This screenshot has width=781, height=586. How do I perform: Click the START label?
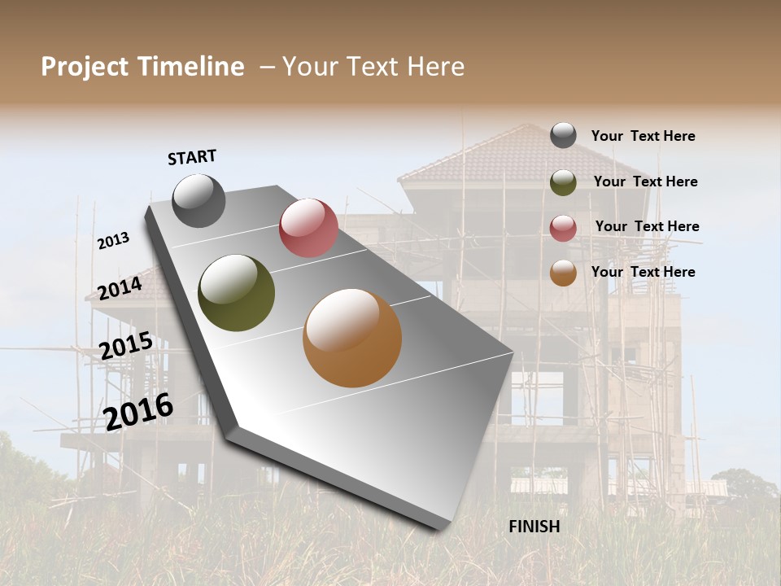click(192, 157)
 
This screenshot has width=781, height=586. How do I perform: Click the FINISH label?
click(534, 527)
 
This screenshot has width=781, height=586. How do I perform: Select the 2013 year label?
click(113, 241)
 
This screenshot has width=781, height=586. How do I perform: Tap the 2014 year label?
click(120, 288)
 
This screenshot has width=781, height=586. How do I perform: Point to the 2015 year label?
click(126, 346)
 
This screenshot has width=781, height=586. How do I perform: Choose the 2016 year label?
click(138, 410)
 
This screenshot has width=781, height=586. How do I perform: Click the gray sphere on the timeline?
click(199, 200)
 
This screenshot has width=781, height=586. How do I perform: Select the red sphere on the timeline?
click(308, 228)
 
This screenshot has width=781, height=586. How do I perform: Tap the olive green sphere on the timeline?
click(237, 293)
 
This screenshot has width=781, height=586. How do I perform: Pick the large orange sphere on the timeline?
click(352, 338)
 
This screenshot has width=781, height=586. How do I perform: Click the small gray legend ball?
click(563, 135)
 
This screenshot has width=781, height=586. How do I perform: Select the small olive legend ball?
click(563, 182)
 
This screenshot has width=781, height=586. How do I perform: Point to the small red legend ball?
click(563, 228)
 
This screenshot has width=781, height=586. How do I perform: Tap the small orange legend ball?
click(563, 273)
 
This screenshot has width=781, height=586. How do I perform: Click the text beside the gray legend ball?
click(643, 136)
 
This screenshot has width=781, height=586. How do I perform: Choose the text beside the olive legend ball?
click(645, 181)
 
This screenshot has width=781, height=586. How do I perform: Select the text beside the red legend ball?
click(647, 226)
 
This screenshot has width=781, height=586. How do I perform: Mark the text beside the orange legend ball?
click(643, 272)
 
